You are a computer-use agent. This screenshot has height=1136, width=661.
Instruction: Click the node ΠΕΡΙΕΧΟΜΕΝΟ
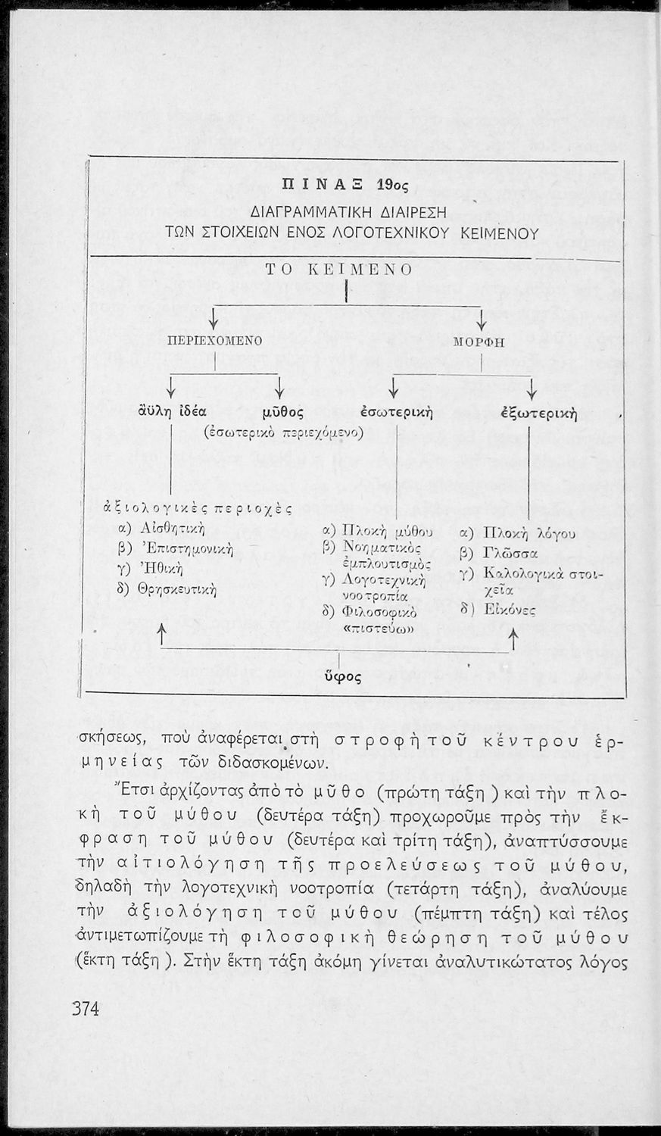click(x=214, y=342)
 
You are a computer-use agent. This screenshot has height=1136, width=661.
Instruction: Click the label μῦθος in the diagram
click(x=283, y=414)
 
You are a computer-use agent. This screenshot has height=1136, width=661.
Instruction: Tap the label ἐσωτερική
click(x=396, y=413)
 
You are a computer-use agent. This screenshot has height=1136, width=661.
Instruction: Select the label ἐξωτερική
click(x=539, y=414)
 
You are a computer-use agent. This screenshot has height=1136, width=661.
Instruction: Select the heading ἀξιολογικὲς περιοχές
click(x=197, y=508)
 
